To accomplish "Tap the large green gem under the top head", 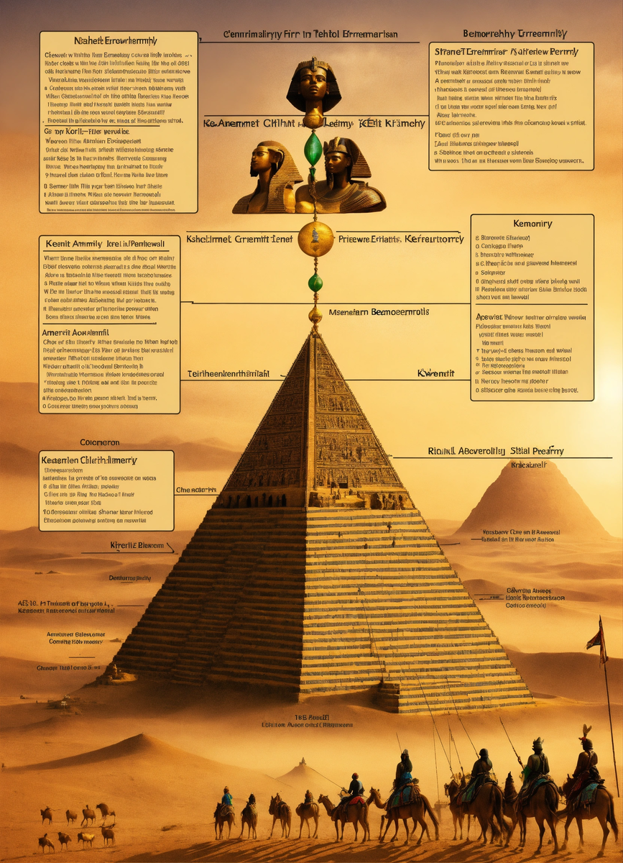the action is click(x=313, y=148).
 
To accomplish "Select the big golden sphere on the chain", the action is click(x=315, y=239).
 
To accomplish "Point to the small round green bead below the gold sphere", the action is click(x=315, y=283).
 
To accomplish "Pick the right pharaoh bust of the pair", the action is click(x=343, y=176).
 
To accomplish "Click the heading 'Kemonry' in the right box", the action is click(x=532, y=224).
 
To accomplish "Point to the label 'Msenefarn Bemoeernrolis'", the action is click(x=369, y=313).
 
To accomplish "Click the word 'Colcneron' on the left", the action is click(x=99, y=442).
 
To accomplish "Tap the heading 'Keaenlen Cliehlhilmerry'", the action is click(x=89, y=460).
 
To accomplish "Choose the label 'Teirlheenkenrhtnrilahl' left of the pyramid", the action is click(x=229, y=373).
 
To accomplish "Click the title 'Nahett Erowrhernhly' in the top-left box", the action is click(x=116, y=41).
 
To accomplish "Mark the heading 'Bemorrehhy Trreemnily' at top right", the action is click(x=515, y=34).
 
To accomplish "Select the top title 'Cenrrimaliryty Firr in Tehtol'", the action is click(x=310, y=34).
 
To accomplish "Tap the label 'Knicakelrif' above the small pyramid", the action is click(x=528, y=465).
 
